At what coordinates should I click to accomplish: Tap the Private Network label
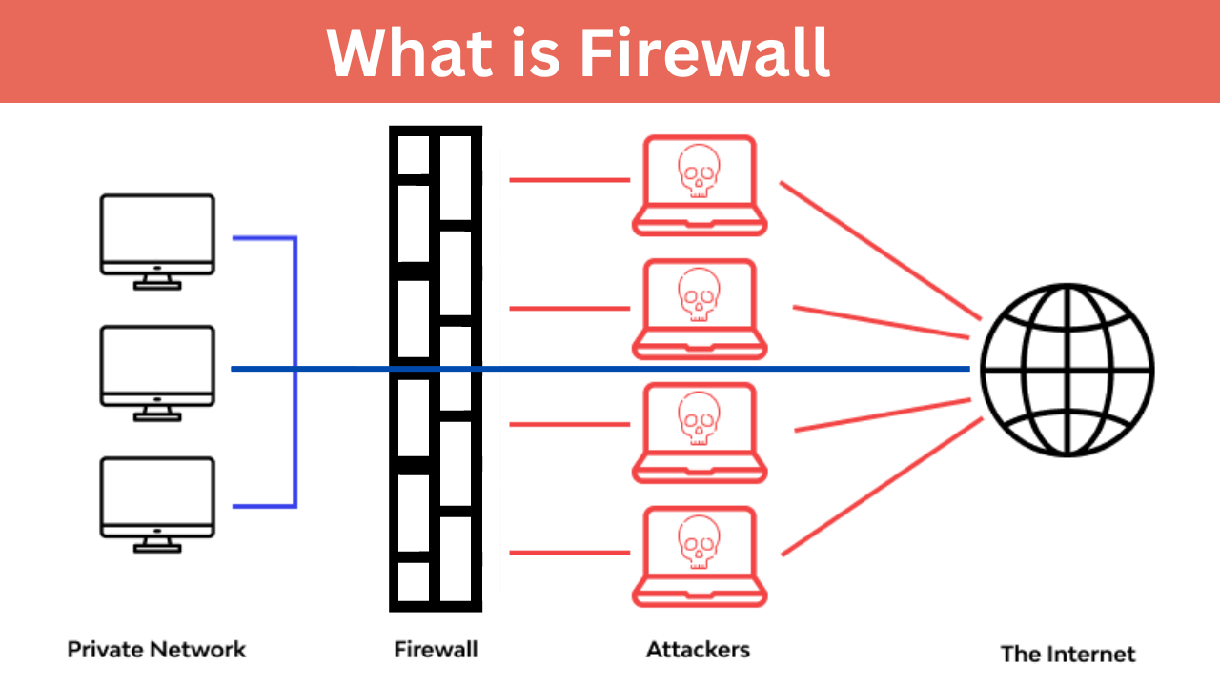156,650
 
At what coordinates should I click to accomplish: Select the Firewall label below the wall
436,650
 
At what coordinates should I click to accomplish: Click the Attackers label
698,650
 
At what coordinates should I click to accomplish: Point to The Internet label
1067,654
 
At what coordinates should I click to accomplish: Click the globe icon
1067,370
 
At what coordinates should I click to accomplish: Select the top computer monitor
157,234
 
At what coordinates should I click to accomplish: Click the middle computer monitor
157,366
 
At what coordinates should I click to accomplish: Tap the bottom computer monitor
157,497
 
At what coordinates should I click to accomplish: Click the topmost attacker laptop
700,185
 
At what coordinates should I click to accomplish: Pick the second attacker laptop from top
700,308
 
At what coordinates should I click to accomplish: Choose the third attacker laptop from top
700,431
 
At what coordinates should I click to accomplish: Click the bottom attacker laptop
700,555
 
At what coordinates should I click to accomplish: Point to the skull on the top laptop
700,171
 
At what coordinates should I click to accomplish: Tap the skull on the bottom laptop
700,542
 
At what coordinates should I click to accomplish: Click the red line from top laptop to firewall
569,179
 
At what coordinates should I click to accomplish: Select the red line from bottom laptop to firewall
569,552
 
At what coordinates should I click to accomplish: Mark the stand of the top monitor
157,281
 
